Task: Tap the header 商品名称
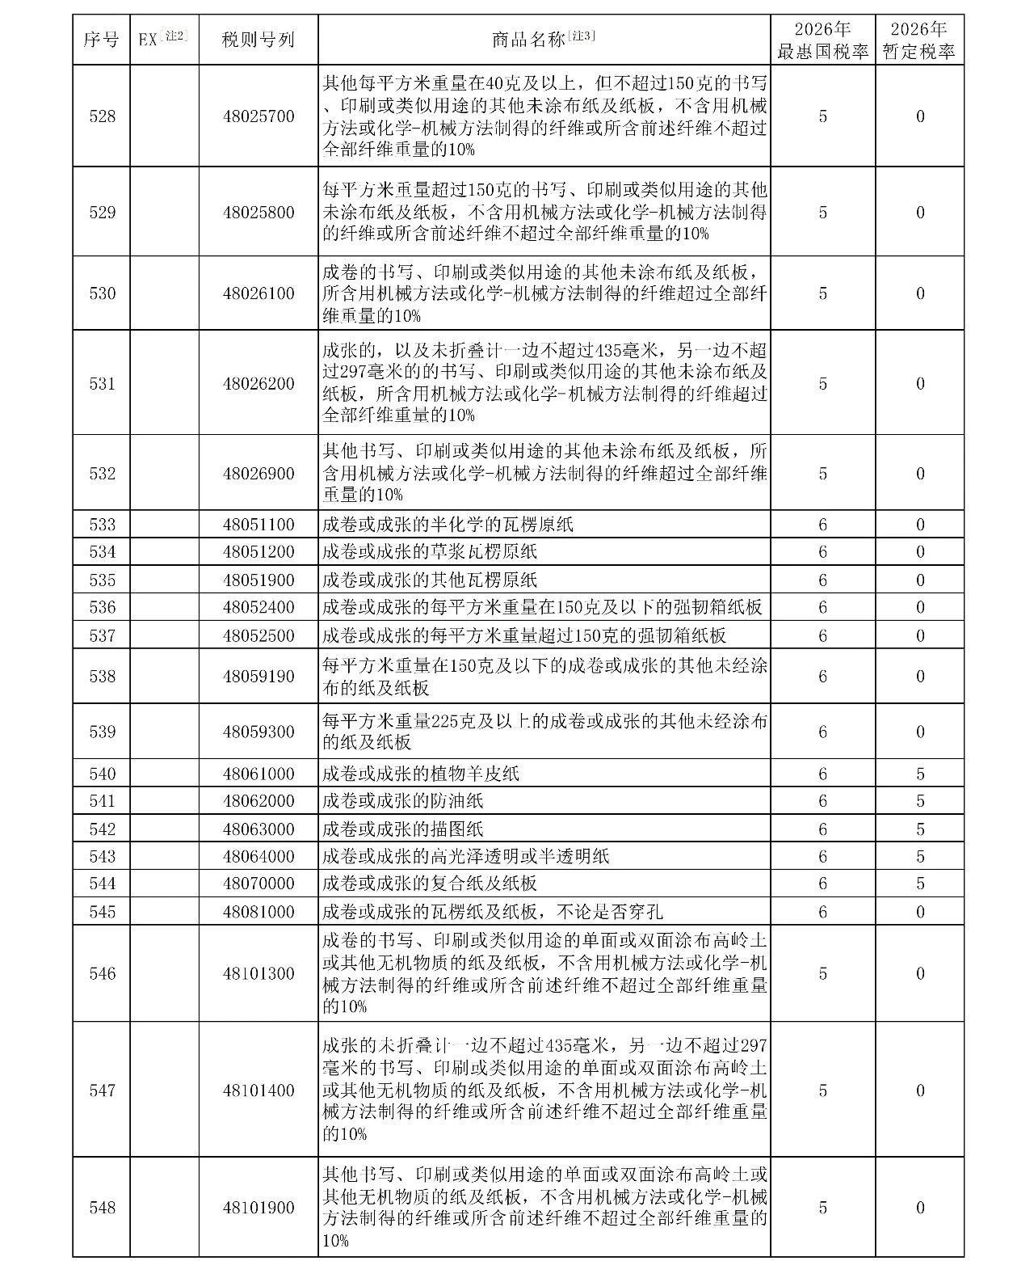(x=543, y=40)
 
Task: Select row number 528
(x=102, y=116)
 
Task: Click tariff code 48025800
(x=258, y=213)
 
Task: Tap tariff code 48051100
(x=258, y=525)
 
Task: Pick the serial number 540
(x=102, y=774)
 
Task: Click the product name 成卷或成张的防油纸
(x=402, y=801)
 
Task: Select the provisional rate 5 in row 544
(x=920, y=884)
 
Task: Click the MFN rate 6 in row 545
(x=822, y=912)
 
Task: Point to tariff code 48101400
(x=258, y=1090)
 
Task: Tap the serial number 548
(x=102, y=1208)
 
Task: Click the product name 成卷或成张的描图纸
(x=402, y=829)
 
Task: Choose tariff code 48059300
(x=258, y=732)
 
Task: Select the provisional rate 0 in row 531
(x=920, y=383)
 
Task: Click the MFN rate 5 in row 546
(x=822, y=973)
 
